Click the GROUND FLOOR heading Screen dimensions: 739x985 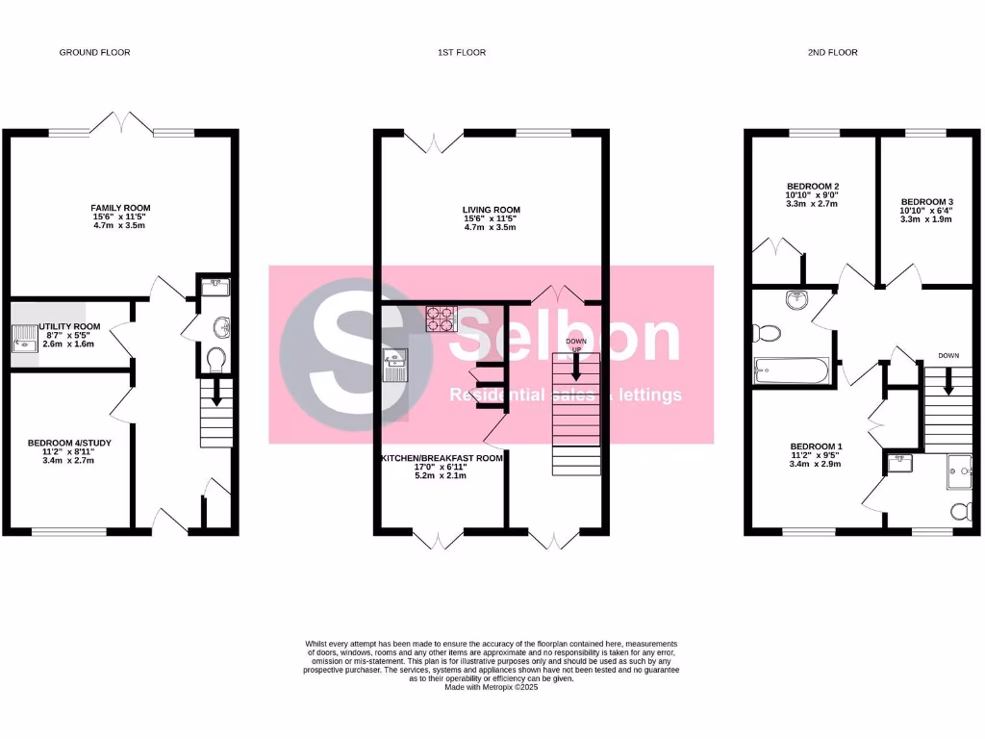pyautogui.click(x=94, y=52)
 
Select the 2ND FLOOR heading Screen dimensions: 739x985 pyautogui.click(x=832, y=52)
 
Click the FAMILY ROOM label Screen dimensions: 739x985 pyautogui.click(x=120, y=208)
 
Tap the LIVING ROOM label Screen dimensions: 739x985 pyautogui.click(x=491, y=210)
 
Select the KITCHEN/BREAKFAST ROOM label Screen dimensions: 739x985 pyautogui.click(x=443, y=459)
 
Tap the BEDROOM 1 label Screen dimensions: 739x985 pyautogui.click(x=816, y=446)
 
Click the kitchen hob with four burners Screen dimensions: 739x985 pyautogui.click(x=442, y=319)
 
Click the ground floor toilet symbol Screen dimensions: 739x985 pyautogui.click(x=216, y=360)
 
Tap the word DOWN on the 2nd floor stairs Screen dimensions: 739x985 pyautogui.click(x=949, y=356)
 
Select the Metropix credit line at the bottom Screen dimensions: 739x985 pyautogui.click(x=492, y=687)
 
